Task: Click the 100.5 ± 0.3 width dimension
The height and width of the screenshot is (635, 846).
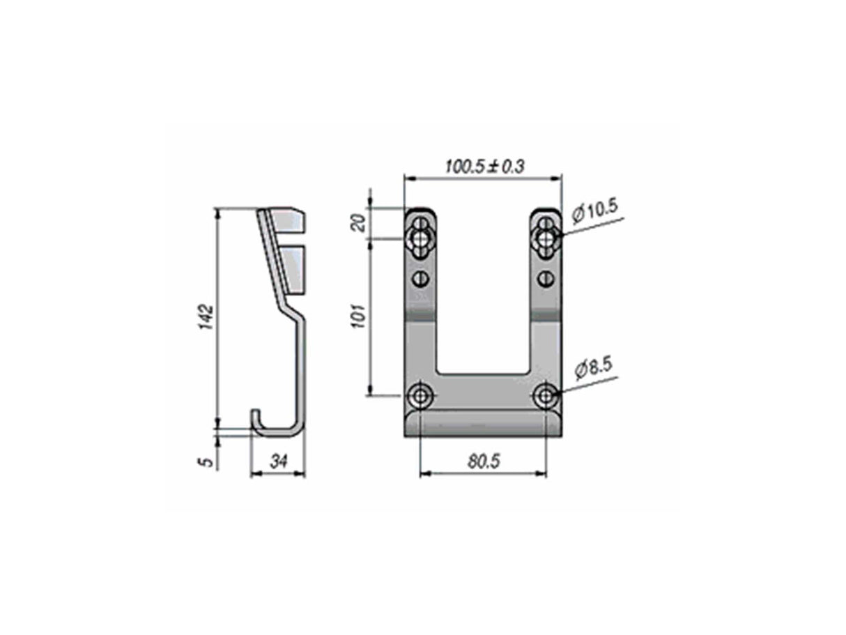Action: (484, 167)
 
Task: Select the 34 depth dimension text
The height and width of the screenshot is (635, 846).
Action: (278, 461)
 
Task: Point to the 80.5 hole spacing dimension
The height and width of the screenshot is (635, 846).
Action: (484, 461)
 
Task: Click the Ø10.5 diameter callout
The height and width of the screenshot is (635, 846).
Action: (595, 211)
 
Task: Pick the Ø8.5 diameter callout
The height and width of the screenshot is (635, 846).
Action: (594, 369)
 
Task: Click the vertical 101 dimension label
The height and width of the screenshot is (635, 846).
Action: (359, 316)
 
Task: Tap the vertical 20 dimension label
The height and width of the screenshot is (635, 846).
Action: (359, 223)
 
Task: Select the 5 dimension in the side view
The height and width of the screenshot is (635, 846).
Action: (208, 462)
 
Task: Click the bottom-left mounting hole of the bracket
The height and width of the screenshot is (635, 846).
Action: (420, 396)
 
